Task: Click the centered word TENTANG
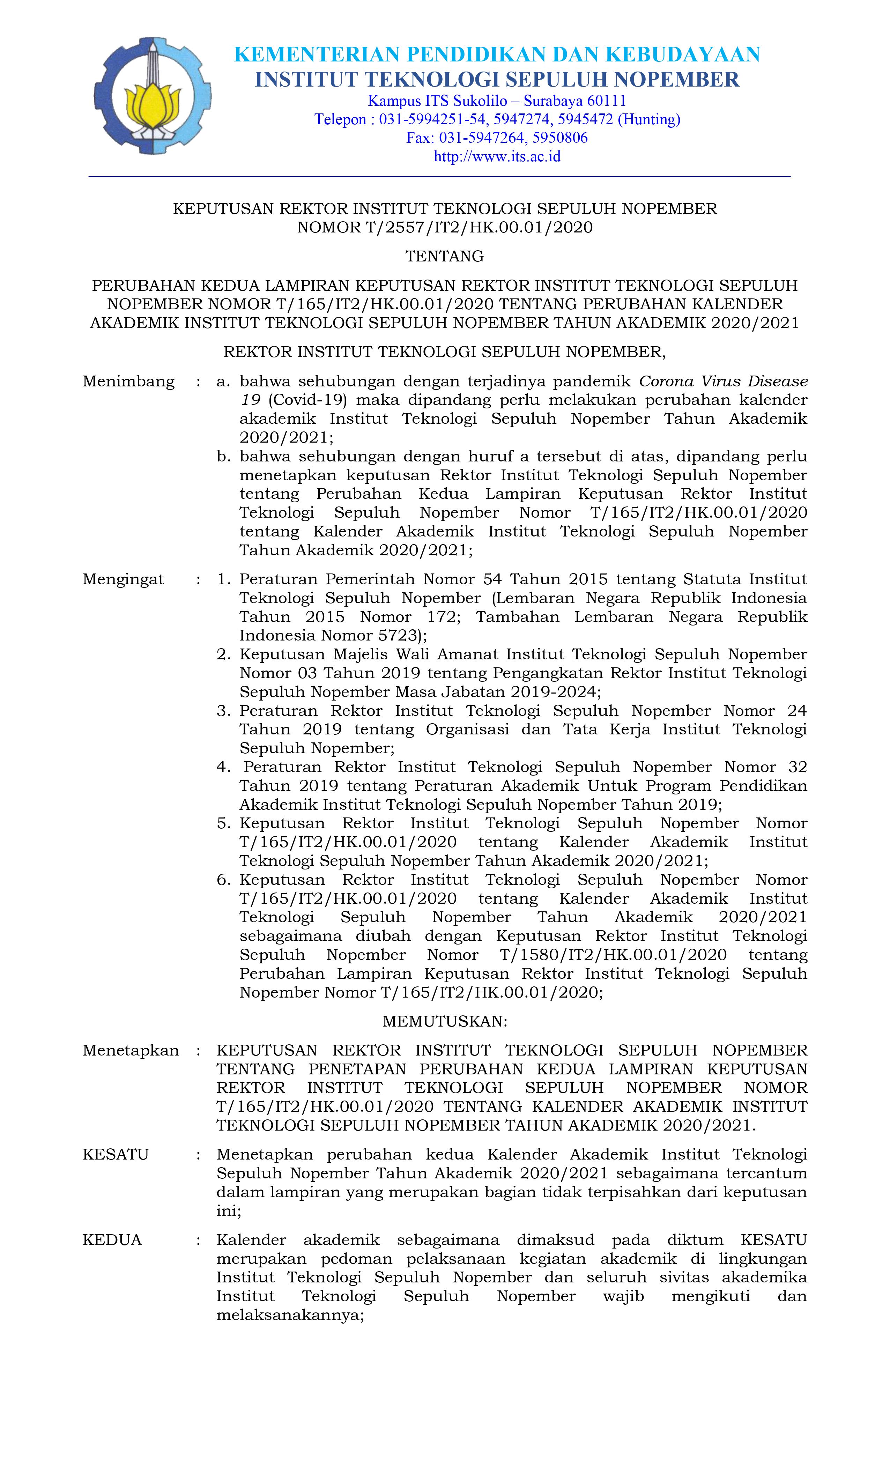click(444, 257)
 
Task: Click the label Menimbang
click(128, 382)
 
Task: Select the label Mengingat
click(123, 579)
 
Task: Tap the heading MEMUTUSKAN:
click(444, 1022)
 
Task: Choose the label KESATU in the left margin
click(116, 1155)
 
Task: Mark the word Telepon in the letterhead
click(340, 120)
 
